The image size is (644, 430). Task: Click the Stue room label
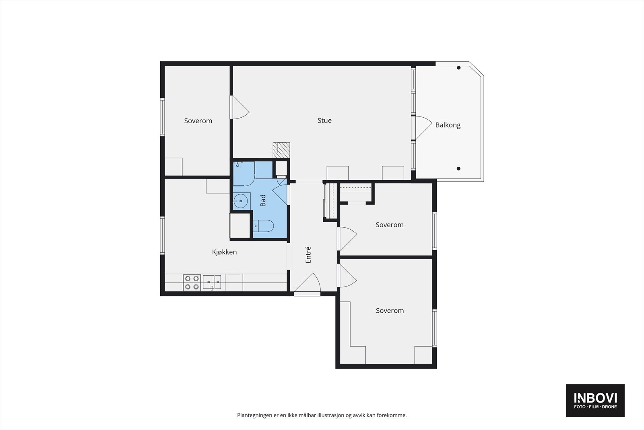(324, 120)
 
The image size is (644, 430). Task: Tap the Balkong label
(448, 125)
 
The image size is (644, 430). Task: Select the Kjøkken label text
(224, 252)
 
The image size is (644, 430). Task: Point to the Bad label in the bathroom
(263, 201)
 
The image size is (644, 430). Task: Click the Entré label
(308, 255)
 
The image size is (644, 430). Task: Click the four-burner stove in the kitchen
(192, 283)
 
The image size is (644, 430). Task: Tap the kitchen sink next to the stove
(212, 282)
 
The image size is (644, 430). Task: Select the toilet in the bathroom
(263, 226)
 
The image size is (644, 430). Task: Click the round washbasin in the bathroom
(240, 200)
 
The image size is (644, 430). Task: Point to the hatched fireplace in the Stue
(281, 150)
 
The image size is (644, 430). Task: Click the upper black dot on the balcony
(458, 68)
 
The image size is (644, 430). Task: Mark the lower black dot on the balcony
(458, 169)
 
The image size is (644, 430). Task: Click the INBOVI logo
(595, 400)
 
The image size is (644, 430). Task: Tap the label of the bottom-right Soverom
(390, 311)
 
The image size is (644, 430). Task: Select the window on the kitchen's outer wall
(163, 235)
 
